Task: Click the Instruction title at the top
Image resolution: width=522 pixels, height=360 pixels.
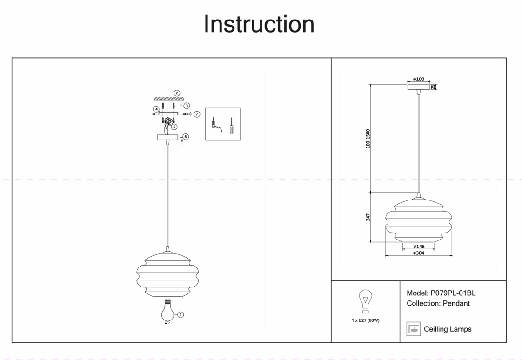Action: tap(259, 24)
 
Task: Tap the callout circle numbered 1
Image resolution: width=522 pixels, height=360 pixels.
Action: tap(181, 315)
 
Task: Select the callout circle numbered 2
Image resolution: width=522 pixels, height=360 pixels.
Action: tap(177, 93)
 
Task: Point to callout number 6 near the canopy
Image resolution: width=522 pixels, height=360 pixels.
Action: tap(186, 137)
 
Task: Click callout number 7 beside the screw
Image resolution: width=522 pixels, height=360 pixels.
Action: tap(197, 114)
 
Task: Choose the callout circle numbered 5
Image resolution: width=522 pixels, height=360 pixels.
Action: tap(174, 127)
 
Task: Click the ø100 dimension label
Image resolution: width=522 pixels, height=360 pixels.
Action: tap(419, 79)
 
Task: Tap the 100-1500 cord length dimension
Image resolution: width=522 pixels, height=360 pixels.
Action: tap(368, 139)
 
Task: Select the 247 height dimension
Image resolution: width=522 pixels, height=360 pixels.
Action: tap(368, 217)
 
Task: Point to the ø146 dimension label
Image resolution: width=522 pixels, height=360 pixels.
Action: tap(419, 247)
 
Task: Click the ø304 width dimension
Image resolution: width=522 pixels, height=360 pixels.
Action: tap(419, 253)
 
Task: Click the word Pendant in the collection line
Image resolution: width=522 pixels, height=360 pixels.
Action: tap(456, 303)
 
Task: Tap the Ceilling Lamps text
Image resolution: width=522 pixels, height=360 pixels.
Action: tap(448, 329)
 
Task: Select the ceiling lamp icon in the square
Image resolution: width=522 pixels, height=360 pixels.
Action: tap(413, 329)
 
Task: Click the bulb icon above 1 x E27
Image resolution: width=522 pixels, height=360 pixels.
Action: tap(365, 301)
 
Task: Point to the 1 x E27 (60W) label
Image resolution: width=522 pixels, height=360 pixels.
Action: tap(365, 320)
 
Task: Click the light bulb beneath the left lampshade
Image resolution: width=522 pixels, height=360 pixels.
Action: tap(167, 311)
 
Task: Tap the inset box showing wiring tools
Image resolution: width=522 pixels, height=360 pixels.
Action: tap(223, 124)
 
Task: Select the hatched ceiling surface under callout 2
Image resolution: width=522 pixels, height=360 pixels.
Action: tap(169, 99)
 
